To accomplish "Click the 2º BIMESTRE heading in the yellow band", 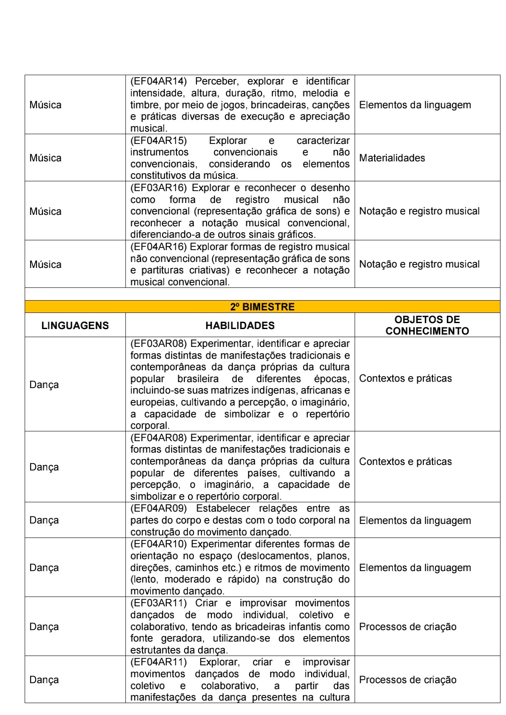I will (x=262, y=307).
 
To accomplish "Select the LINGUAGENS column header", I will (x=75, y=326).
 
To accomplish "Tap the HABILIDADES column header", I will (x=240, y=326).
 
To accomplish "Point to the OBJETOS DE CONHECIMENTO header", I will (x=427, y=325).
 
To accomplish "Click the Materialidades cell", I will (x=392, y=158).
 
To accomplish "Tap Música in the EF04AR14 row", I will (x=45, y=105).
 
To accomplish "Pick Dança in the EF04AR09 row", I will (x=44, y=520).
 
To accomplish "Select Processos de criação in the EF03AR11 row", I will (x=407, y=627).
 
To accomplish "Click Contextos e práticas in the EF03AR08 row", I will (x=405, y=378).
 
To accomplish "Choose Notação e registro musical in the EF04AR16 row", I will (x=419, y=264).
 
